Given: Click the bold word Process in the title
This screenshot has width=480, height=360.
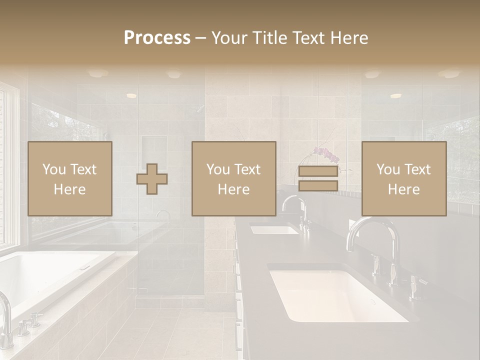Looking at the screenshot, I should [157, 38].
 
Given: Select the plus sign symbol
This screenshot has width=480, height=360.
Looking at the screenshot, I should [152, 179].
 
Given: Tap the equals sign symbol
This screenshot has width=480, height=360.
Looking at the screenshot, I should [318, 178].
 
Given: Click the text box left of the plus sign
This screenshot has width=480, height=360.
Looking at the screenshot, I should [69, 178].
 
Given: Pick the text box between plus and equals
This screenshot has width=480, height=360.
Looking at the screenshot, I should [233, 178].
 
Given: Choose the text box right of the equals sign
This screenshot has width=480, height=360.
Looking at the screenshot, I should [403, 178].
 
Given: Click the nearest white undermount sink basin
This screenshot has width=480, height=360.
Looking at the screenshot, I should [337, 295].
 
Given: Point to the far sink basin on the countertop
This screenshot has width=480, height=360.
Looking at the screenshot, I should [273, 229].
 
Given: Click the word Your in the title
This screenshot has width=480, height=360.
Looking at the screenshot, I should [229, 38].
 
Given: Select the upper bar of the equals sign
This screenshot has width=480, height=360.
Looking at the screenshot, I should [318, 171].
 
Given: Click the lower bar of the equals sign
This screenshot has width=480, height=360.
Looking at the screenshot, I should [318, 186].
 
